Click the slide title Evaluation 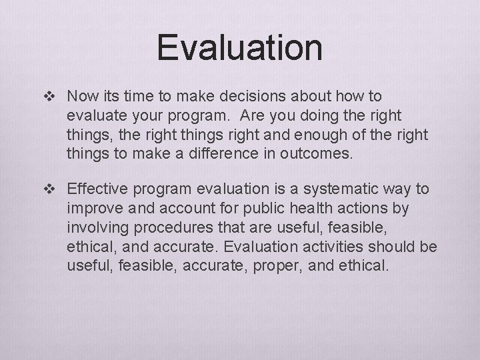[240, 47]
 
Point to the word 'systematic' [345, 189]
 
